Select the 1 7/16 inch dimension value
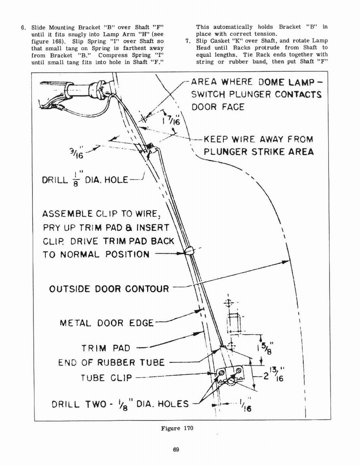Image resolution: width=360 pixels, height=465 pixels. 168,119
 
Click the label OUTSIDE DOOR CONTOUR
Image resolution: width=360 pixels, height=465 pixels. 109,288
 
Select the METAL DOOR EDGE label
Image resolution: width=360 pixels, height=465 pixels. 107,323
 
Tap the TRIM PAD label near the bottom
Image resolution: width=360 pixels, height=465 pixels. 105,348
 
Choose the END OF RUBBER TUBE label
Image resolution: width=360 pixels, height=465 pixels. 111,362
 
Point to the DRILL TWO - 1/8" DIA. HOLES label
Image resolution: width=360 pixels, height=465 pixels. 120,403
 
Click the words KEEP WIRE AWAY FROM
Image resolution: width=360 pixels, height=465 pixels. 258,139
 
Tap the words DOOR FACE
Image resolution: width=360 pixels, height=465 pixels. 217,107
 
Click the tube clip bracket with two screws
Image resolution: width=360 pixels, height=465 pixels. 231,375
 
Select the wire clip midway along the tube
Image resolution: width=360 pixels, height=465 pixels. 189,250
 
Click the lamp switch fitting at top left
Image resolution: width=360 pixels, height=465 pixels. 98,89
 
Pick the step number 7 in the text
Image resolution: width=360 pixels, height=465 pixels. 188,41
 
